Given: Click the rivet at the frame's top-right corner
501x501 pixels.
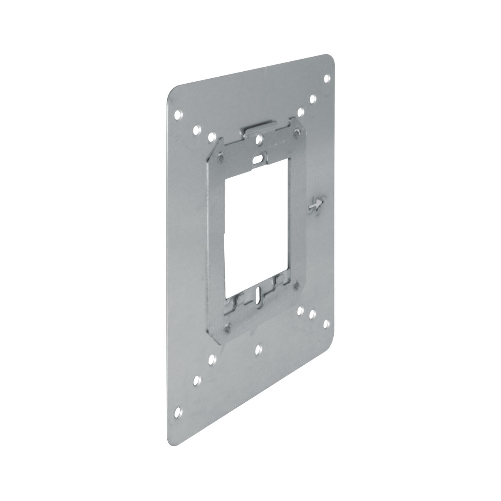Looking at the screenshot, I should coord(296,133).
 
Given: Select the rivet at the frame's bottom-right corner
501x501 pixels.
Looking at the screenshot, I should coord(296,286).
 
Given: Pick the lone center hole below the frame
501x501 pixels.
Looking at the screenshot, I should coord(258,350).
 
